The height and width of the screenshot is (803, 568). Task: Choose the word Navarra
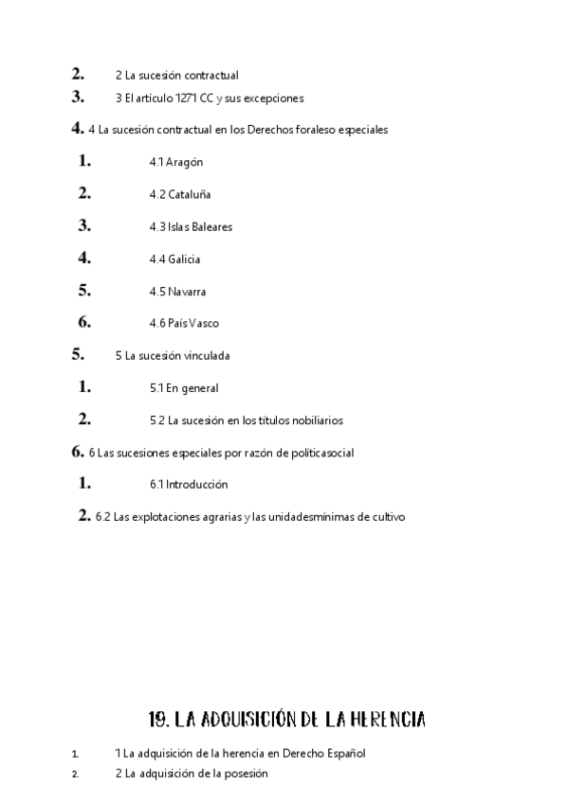pos(188,292)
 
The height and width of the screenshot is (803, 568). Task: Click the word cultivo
pos(386,517)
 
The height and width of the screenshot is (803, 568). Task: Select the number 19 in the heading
pos(158,720)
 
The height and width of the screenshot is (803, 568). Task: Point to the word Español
pos(342,754)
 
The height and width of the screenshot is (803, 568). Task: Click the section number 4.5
pos(156,292)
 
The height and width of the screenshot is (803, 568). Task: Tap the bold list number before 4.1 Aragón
pos(85,162)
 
